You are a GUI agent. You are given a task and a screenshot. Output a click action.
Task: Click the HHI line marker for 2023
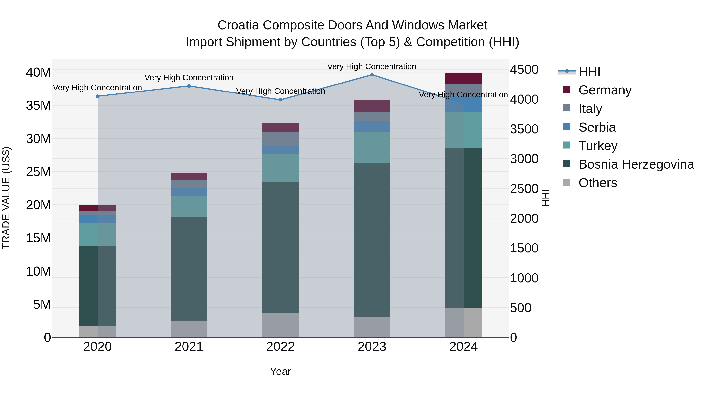pyautogui.click(x=372, y=75)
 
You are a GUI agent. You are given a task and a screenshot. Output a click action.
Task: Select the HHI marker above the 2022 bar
pyautogui.click(x=280, y=100)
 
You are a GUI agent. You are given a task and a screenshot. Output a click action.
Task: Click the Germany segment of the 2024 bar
pyautogui.click(x=463, y=78)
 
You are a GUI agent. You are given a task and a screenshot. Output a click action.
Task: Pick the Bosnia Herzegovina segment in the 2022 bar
pyautogui.click(x=280, y=247)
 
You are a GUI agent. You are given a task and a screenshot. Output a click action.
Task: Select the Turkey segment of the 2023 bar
pyautogui.click(x=372, y=148)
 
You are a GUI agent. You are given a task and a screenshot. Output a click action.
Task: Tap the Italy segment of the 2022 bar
pyautogui.click(x=280, y=139)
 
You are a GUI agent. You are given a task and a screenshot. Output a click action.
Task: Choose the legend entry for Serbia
pyautogui.click(x=597, y=127)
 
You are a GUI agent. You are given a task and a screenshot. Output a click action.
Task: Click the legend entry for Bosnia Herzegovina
pyautogui.click(x=636, y=164)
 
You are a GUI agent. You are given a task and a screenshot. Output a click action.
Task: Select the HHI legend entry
pyautogui.click(x=589, y=72)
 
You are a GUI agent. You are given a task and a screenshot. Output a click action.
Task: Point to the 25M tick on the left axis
pyautogui.click(x=38, y=172)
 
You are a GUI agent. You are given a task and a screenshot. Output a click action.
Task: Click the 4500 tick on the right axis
pyautogui.click(x=524, y=70)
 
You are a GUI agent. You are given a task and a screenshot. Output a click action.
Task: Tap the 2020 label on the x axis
pyautogui.click(x=98, y=347)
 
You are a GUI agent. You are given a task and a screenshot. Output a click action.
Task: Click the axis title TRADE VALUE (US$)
pyautogui.click(x=6, y=198)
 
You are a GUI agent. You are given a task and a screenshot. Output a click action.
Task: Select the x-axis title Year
pyautogui.click(x=280, y=371)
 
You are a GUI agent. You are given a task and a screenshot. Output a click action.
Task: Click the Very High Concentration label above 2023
pyautogui.click(x=372, y=66)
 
